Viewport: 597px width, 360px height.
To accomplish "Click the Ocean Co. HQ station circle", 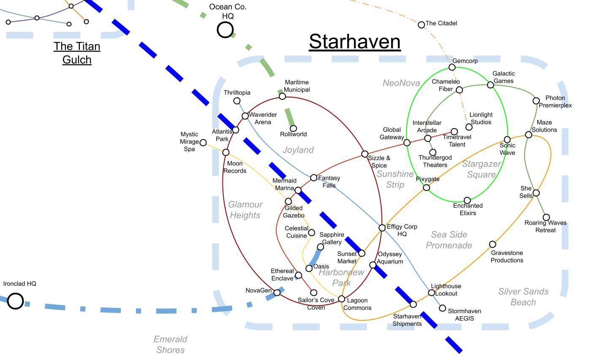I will tap(225, 30).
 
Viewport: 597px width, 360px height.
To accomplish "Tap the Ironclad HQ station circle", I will tap(15, 301).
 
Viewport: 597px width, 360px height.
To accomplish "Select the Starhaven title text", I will tap(354, 42).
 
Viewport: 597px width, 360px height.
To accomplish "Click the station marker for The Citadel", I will tap(421, 25).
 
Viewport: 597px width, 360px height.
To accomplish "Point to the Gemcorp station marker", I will tap(452, 67).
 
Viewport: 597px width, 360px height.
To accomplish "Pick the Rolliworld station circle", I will tap(293, 128).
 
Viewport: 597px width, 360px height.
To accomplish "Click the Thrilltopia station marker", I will tap(237, 101).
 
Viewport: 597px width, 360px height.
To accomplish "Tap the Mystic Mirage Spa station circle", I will tap(203, 143).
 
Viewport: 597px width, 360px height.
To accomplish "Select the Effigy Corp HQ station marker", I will tap(382, 228).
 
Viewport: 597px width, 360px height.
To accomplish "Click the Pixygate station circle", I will tap(426, 187).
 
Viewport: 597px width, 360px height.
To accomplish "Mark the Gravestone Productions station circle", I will tap(492, 244).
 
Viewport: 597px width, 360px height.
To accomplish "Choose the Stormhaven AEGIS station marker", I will tap(442, 308).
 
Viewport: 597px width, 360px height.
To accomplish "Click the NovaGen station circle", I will tap(277, 292).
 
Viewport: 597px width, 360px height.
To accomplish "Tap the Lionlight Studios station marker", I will tap(469, 127).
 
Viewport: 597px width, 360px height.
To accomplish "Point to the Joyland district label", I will tap(298, 150).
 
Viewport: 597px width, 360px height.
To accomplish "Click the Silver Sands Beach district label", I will tap(523, 297).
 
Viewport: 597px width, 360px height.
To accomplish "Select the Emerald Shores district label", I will tap(170, 344).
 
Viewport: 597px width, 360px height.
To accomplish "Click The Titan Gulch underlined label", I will tap(77, 53).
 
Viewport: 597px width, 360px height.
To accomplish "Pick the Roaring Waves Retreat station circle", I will tap(546, 217).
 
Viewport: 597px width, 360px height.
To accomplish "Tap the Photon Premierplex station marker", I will tap(536, 101).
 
